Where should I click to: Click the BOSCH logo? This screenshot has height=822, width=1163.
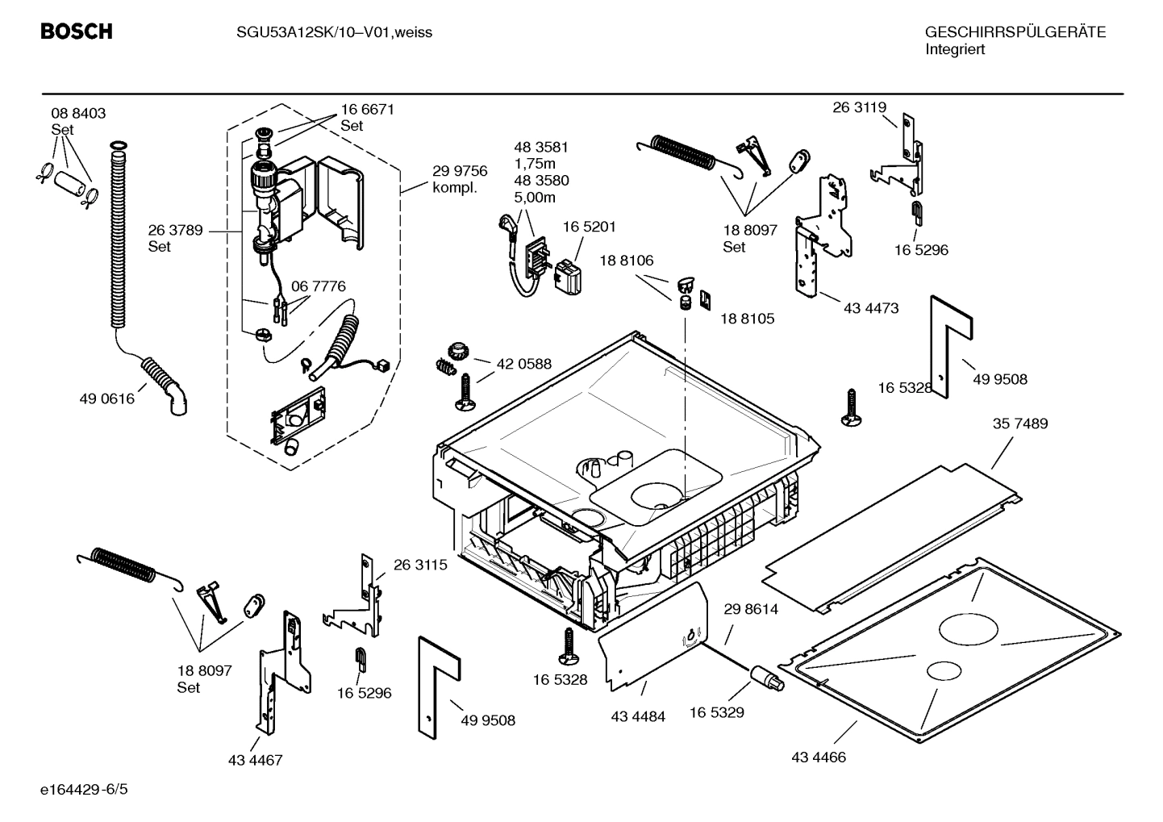point(77,31)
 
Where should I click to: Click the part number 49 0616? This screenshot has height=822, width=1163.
point(106,398)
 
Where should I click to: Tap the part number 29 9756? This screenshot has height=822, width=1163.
point(460,171)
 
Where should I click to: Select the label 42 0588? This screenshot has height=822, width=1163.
point(524,364)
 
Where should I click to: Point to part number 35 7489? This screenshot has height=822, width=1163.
point(1019,424)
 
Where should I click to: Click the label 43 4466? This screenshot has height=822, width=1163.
point(819,757)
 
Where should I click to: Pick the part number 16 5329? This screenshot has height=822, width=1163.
point(716,712)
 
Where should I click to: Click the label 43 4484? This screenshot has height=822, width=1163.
point(638,716)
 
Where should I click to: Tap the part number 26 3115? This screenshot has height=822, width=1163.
point(420,565)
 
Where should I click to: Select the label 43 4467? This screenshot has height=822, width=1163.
point(256,760)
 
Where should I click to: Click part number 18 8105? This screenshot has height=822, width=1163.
point(747,319)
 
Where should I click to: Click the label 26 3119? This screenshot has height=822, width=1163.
point(859,107)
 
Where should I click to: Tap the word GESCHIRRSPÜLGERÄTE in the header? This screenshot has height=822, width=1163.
point(1015,32)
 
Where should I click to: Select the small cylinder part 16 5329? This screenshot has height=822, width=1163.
point(766,677)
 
